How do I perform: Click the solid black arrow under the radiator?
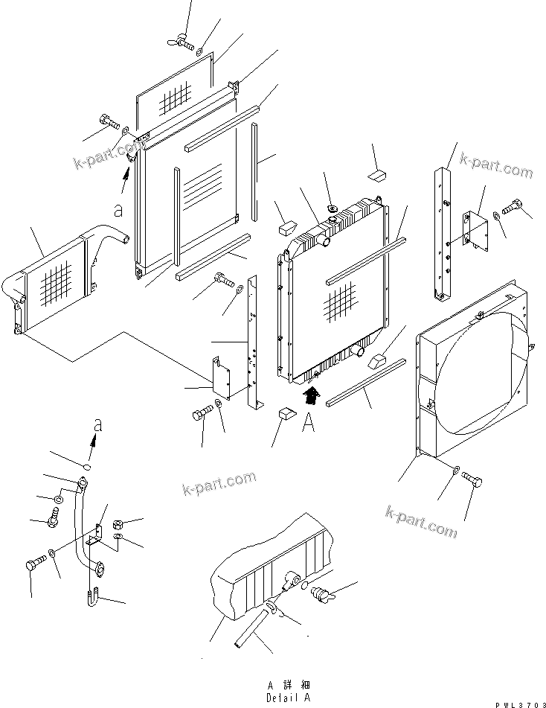pyautogui.click(x=312, y=395)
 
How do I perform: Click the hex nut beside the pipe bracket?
pyautogui.click(x=118, y=524)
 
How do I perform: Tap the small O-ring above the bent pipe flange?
pyautogui.click(x=87, y=468)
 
